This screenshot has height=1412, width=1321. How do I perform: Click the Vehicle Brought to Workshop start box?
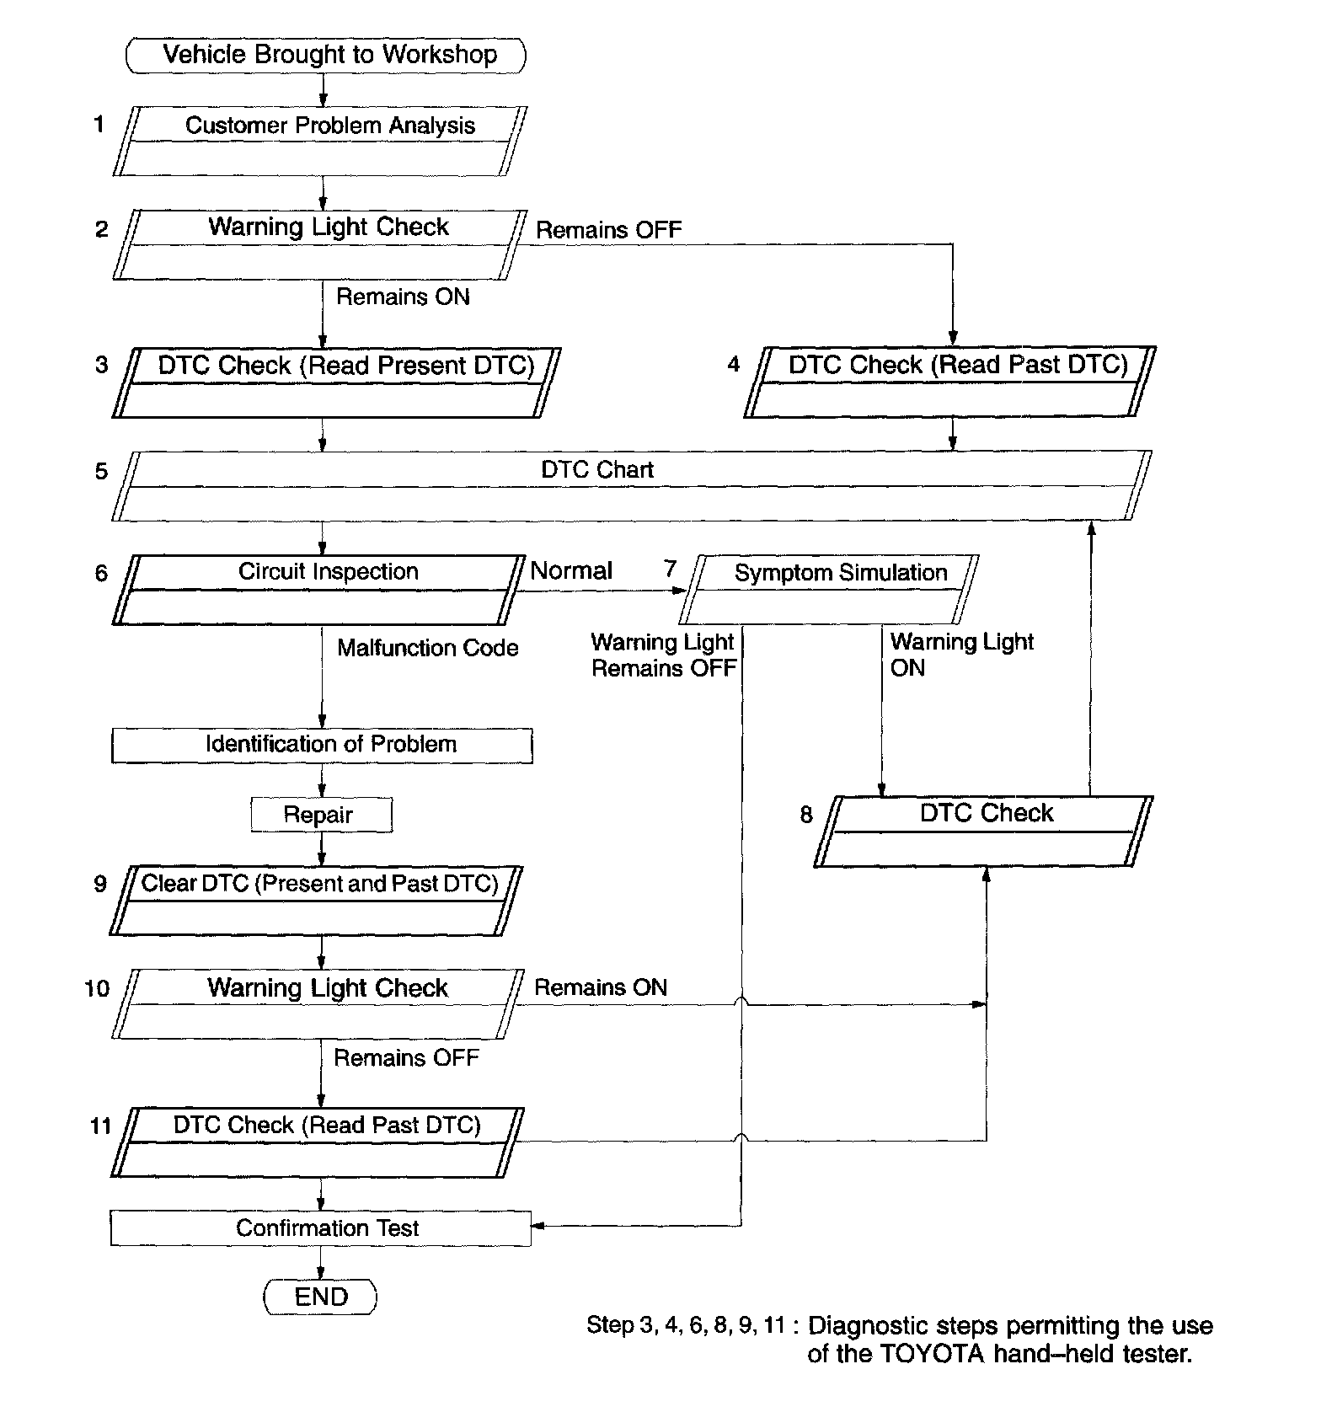(x=325, y=55)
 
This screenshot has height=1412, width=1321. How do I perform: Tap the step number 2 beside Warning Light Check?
(x=101, y=229)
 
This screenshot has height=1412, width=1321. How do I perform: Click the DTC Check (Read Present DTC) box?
(x=335, y=382)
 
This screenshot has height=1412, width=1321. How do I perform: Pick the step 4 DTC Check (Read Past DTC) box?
(x=949, y=382)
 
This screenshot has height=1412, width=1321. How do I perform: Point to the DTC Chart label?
(x=596, y=469)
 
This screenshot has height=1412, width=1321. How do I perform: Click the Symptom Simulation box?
(x=829, y=588)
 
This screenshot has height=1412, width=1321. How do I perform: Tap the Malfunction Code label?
(x=427, y=648)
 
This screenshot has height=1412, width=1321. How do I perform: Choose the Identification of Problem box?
(x=322, y=745)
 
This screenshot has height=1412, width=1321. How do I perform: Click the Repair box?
(x=321, y=815)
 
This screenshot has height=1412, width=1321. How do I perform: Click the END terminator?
(x=320, y=1297)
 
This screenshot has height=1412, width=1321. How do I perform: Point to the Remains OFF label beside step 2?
(x=608, y=230)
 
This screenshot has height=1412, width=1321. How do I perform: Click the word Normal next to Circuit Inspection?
(x=570, y=570)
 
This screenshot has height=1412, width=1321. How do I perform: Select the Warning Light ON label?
(x=960, y=655)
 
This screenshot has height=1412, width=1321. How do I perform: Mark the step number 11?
(x=100, y=1126)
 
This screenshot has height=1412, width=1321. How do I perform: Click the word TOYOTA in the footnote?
(x=933, y=1354)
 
